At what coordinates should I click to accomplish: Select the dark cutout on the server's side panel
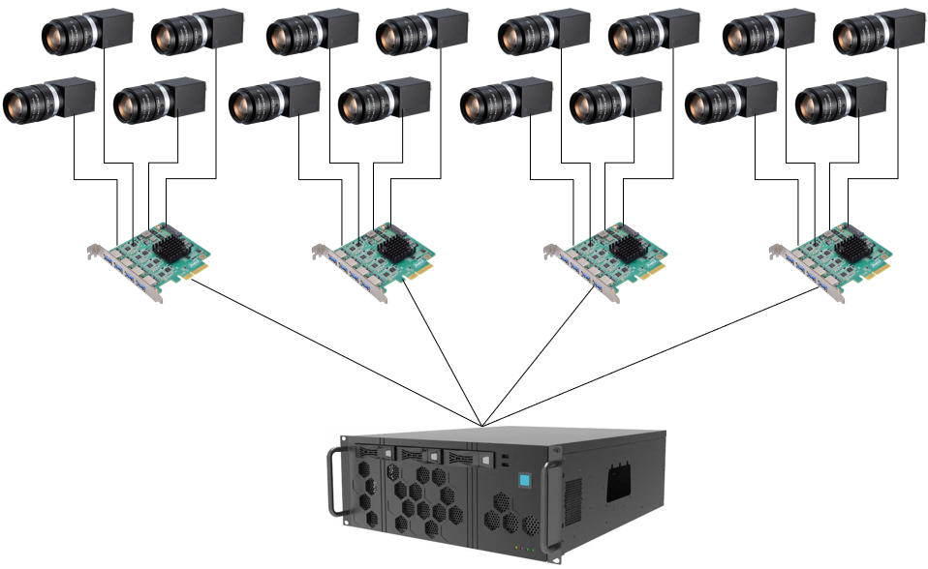617,481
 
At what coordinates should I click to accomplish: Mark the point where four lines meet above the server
481,425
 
